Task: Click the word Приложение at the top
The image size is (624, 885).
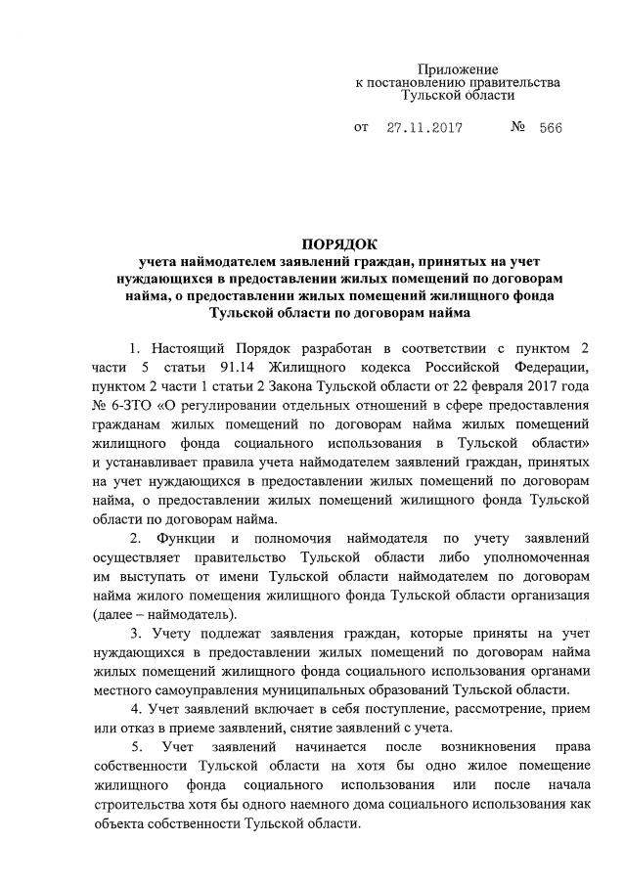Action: [x=457, y=70]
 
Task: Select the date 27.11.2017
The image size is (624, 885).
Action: [x=423, y=128]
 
